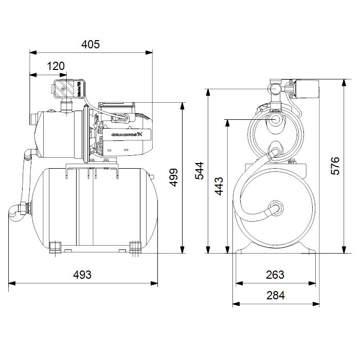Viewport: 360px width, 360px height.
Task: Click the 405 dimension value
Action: [x=91, y=44]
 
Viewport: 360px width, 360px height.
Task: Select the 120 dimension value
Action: [x=56, y=65]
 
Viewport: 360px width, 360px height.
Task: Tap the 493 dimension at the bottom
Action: [x=82, y=275]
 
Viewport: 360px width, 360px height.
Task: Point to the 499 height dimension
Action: [x=173, y=177]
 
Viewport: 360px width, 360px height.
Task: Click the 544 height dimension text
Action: [x=199, y=170]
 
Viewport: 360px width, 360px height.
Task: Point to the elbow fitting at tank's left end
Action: [x=20, y=210]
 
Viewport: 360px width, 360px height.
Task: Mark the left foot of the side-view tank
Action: [x=53, y=247]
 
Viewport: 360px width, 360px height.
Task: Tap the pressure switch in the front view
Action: [x=303, y=89]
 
